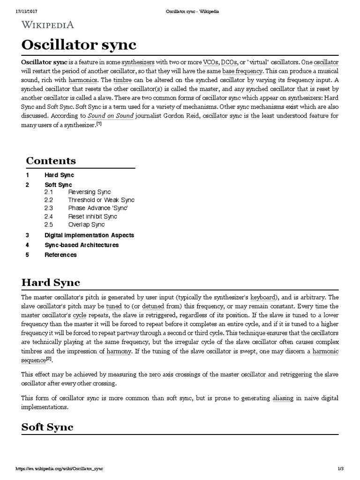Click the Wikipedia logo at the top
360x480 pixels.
(47, 25)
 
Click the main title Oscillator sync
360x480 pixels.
(79, 45)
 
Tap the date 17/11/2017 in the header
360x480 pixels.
(26, 11)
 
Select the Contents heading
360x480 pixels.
(51, 161)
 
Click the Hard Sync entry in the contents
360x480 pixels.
(59, 175)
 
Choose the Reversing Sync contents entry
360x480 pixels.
(89, 192)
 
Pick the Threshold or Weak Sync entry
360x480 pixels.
(101, 200)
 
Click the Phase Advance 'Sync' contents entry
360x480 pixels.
(97, 208)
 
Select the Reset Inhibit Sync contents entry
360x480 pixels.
(92, 217)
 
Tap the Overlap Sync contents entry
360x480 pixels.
(86, 225)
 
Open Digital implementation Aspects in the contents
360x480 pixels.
(89, 235)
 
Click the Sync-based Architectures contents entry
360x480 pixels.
(82, 245)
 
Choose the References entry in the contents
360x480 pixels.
(60, 255)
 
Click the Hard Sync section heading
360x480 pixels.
(51, 283)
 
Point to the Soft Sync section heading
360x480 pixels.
(47, 427)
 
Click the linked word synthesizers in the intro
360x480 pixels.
(138, 62)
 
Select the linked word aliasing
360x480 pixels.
(283, 398)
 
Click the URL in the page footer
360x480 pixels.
(60, 469)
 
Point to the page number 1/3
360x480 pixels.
(341, 469)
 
